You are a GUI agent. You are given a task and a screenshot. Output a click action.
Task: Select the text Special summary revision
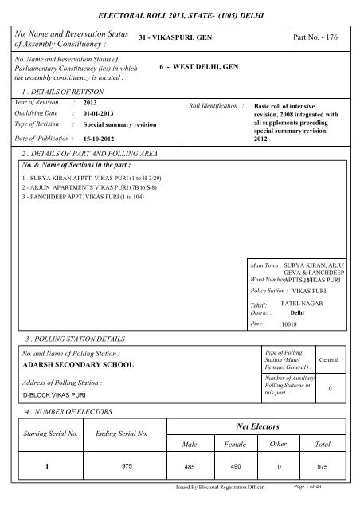pos(119,126)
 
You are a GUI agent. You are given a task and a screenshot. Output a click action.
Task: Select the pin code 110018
pos(288,325)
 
